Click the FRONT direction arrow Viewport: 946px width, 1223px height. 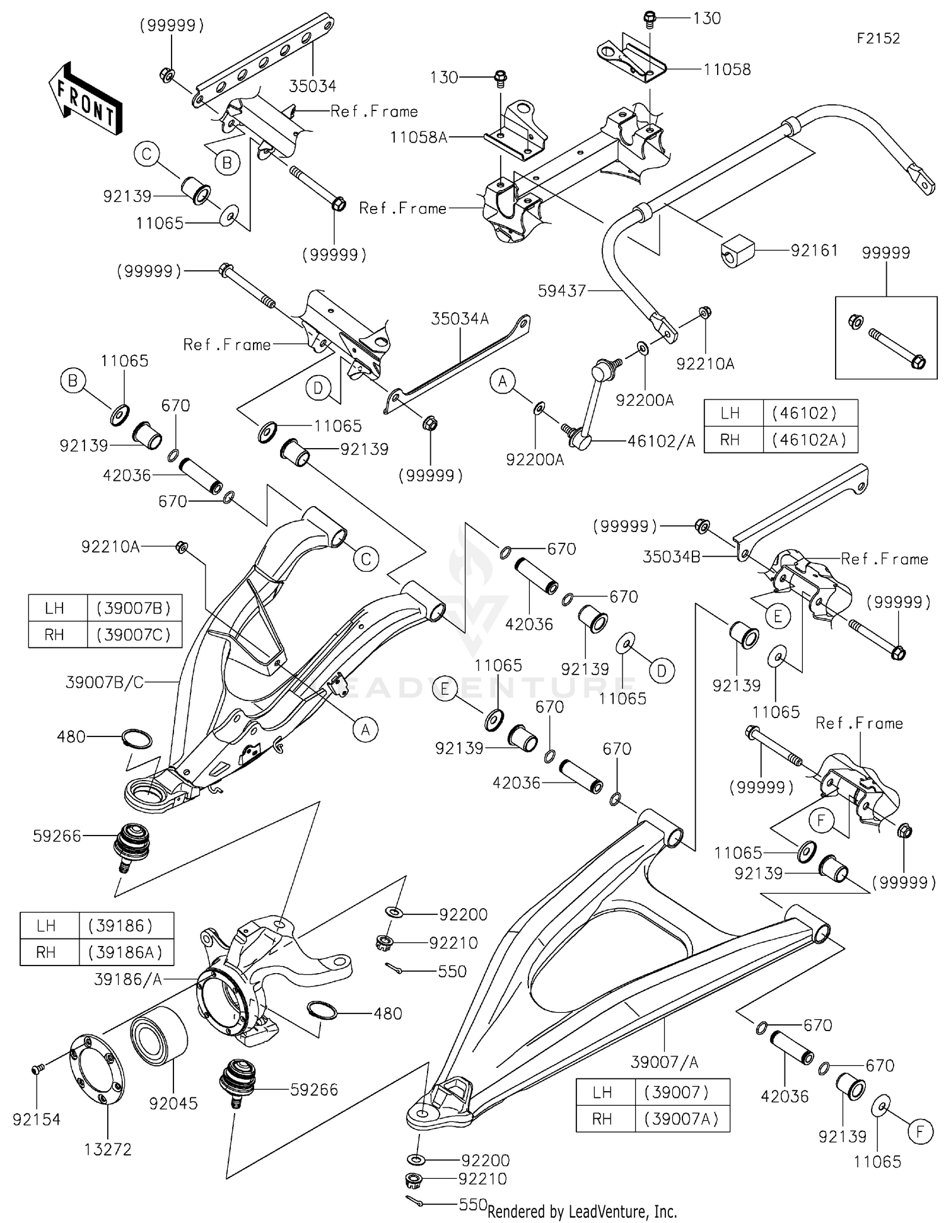[85, 100]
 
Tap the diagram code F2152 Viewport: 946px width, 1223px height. [878, 38]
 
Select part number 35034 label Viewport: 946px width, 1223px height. [313, 86]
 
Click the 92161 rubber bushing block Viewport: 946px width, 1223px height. [737, 251]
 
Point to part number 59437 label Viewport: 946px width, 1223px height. [562, 291]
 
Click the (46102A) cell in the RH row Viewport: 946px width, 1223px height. [809, 440]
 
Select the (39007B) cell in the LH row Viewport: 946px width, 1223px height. [134, 608]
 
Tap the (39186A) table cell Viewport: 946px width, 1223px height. [126, 952]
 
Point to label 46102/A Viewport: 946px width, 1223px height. [661, 442]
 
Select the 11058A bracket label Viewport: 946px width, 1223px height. [418, 137]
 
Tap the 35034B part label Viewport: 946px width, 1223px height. [671, 557]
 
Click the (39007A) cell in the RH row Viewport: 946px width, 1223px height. [681, 1119]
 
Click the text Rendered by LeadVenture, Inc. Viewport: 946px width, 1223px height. [582, 1212]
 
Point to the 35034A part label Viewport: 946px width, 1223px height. [460, 319]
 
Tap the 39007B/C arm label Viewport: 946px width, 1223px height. [105, 682]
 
